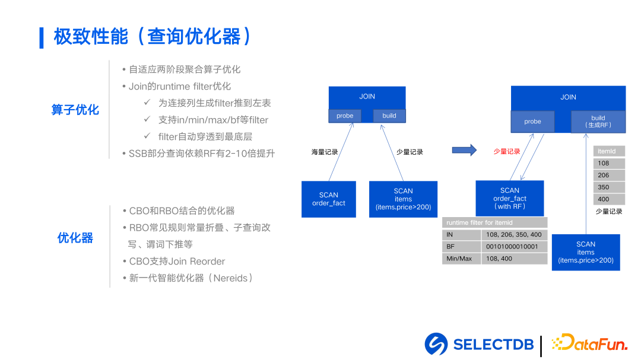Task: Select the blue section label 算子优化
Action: point(75,110)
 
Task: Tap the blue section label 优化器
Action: point(75,238)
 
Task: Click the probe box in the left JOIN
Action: point(345,116)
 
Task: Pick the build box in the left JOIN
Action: point(389,116)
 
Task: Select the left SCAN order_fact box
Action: point(328,199)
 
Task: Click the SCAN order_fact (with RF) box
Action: point(509,199)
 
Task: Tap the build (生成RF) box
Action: point(598,122)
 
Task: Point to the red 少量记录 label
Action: point(507,152)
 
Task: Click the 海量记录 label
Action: point(325,152)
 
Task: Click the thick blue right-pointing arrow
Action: point(464,151)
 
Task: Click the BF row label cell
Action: point(461,247)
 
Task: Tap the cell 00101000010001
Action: point(514,247)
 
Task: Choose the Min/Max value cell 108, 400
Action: point(514,259)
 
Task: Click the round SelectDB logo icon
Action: point(436,345)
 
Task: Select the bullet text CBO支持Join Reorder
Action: point(177,261)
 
